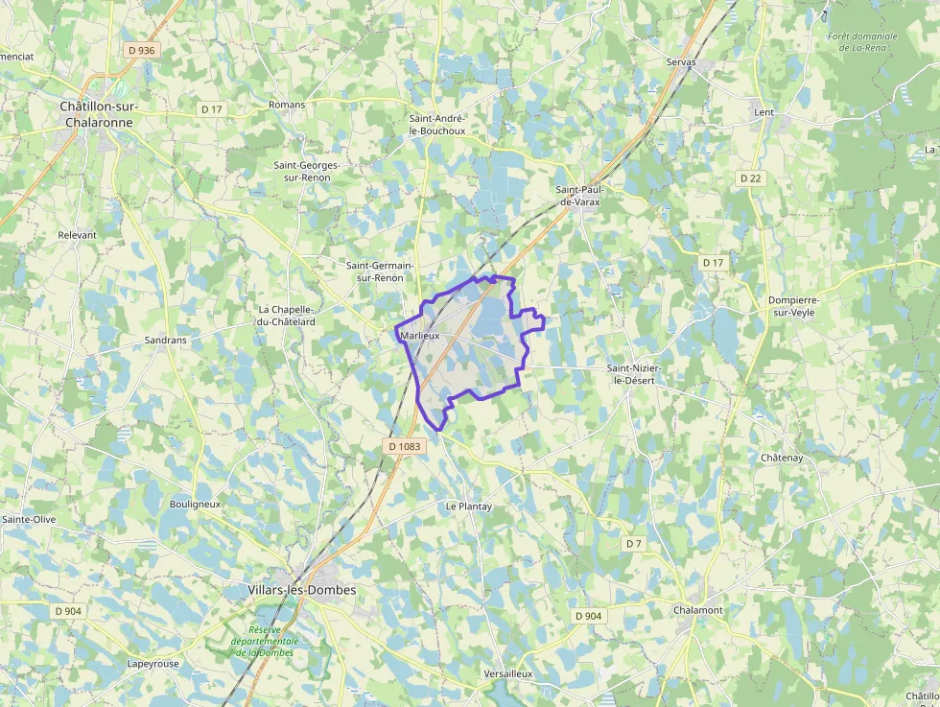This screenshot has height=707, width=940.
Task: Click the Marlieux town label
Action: [419, 337]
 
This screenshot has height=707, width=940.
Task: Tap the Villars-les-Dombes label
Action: [301, 590]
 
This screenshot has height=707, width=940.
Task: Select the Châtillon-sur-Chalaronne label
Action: [99, 114]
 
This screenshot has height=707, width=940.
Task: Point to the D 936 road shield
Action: [140, 50]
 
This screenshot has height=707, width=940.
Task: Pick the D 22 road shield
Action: [750, 178]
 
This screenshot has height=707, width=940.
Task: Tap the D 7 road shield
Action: [633, 544]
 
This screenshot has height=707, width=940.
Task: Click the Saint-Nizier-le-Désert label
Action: [634, 374]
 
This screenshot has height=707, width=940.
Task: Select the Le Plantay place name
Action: [469, 506]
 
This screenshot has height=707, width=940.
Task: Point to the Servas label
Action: [682, 62]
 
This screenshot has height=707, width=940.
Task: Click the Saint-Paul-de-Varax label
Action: [579, 196]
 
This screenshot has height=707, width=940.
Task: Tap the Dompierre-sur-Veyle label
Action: [794, 306]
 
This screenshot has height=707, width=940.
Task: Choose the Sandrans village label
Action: [165, 340]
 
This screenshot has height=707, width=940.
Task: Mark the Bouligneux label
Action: [195, 504]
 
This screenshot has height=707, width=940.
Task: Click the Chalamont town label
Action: [698, 609]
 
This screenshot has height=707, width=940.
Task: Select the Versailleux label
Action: [508, 674]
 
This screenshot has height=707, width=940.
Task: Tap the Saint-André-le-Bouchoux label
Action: [437, 124]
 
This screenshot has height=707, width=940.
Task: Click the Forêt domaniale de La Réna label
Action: [862, 42]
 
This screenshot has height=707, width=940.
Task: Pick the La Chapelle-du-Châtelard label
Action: [287, 316]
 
